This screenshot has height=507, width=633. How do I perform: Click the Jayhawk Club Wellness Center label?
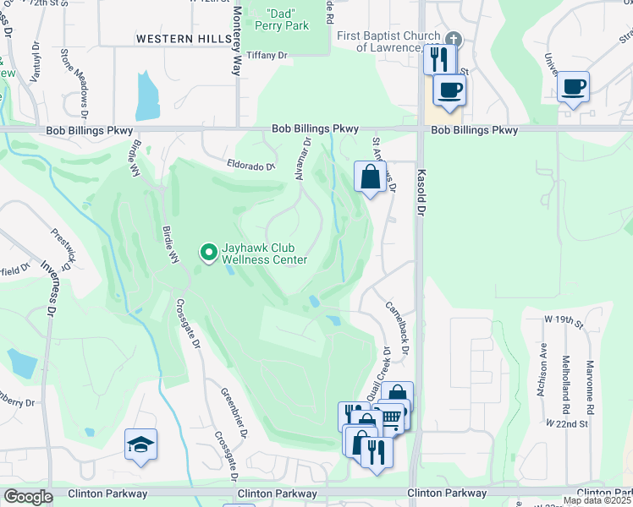click(x=264, y=254)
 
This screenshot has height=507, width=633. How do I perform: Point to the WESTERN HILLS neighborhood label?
click(x=184, y=39)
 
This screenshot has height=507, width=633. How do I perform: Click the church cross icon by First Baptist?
click(x=454, y=39)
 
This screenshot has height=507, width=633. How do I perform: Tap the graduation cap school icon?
click(x=140, y=444)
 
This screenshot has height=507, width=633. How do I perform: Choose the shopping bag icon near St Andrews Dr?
click(x=370, y=177)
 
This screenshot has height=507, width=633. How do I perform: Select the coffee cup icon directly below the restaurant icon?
click(x=449, y=89)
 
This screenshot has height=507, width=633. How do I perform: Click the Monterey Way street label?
click(x=238, y=41)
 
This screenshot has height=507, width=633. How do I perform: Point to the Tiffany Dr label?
click(x=266, y=55)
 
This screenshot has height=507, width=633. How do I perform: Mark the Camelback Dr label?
click(x=397, y=326)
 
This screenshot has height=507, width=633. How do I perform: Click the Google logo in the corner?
click(x=28, y=497)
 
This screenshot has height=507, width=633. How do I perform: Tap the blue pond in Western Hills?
click(x=146, y=95)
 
